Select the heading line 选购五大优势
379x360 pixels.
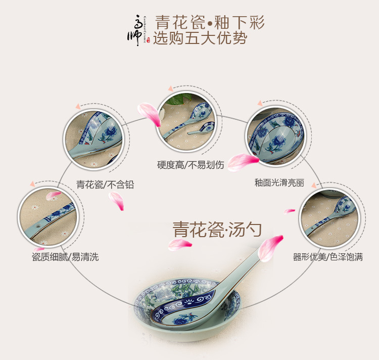click(200, 38)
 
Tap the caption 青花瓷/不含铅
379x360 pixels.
click(105, 185)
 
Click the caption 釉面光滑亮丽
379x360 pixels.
click(279, 183)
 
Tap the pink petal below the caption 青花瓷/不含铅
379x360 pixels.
click(116, 201)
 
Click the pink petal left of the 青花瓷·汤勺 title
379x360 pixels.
click(180, 245)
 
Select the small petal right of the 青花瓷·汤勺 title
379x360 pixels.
click(289, 211)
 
